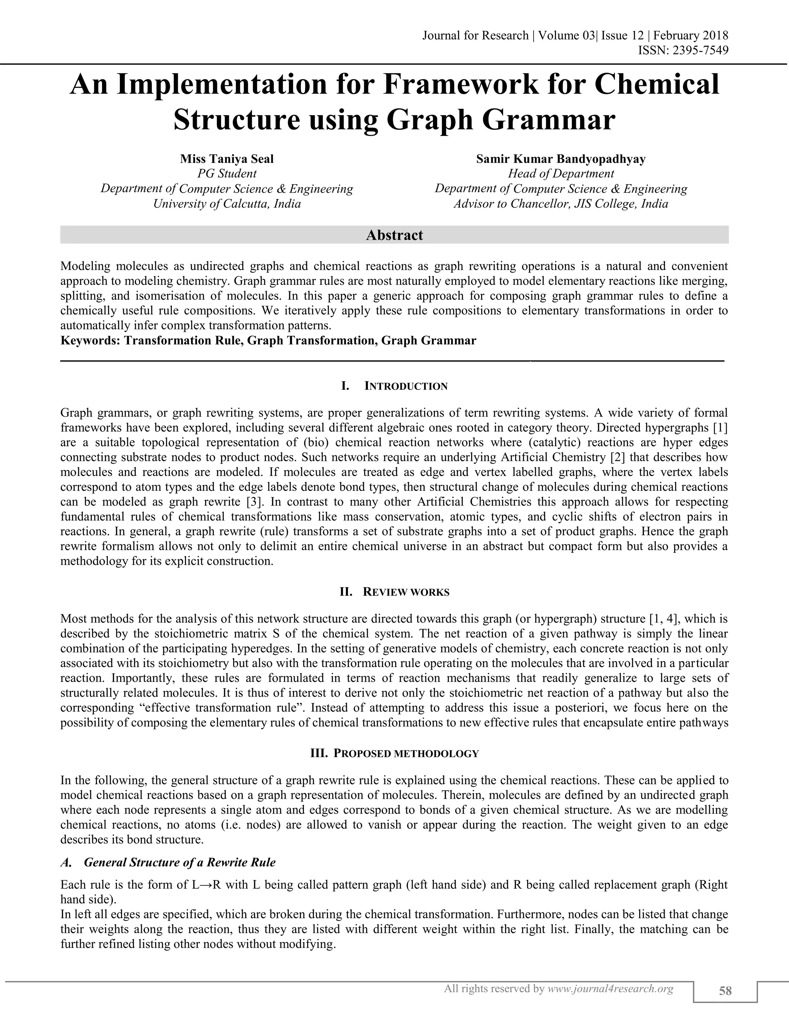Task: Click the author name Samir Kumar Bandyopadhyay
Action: pyautogui.click(x=561, y=159)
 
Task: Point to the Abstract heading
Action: pyautogui.click(x=394, y=235)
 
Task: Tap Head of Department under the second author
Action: pyautogui.click(x=561, y=174)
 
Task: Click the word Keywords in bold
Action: pyautogui.click(x=90, y=340)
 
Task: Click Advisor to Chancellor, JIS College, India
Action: pyautogui.click(x=561, y=204)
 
